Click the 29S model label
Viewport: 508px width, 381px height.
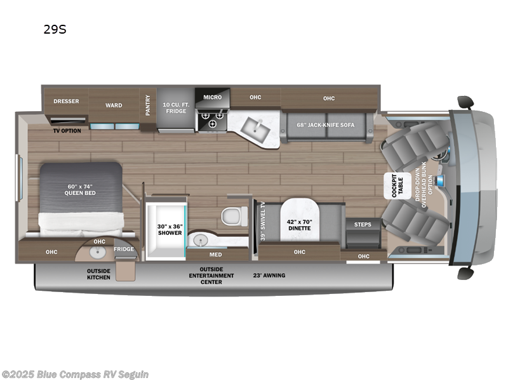[54, 28]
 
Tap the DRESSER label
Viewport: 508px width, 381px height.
[65, 101]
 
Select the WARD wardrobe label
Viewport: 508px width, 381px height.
[114, 105]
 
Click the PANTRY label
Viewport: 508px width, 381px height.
[148, 105]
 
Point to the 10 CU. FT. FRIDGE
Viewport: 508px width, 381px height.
[175, 108]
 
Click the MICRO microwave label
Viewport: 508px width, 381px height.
[212, 97]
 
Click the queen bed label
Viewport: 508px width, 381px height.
[80, 189]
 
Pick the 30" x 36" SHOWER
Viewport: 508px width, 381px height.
[170, 229]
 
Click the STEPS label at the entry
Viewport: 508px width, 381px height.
[363, 224]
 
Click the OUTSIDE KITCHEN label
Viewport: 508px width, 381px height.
[98, 274]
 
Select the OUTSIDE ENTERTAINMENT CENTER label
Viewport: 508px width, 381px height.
[211, 275]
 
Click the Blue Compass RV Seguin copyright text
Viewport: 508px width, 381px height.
[75, 374]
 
